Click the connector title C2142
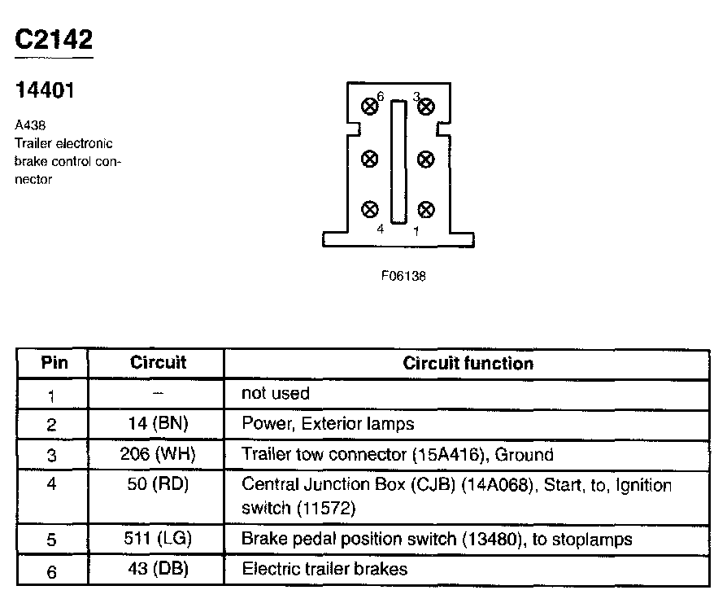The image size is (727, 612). (x=54, y=40)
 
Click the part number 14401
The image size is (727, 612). (x=45, y=91)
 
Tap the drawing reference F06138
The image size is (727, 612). (x=403, y=276)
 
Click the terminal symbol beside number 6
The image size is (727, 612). (x=370, y=105)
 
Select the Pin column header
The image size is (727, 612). (x=54, y=363)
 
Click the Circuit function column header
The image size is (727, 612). (x=468, y=363)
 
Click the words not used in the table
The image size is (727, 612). (x=276, y=394)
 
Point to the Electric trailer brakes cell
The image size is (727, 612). (x=324, y=570)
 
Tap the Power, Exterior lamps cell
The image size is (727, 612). (x=328, y=424)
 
